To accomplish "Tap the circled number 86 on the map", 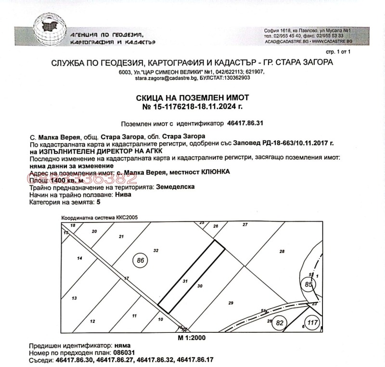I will [141, 261].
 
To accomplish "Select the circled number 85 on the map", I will [308, 284].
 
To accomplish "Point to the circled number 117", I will [313, 323].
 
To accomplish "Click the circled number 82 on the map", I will [280, 323].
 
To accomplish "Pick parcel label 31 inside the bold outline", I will [185, 281].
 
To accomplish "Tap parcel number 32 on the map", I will [156, 251].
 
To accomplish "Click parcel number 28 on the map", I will [282, 252].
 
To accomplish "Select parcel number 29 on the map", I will [231, 303].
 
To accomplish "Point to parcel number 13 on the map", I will [74, 298].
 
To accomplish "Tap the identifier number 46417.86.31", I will [245, 123].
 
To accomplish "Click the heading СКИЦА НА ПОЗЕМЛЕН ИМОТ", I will [192, 98].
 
